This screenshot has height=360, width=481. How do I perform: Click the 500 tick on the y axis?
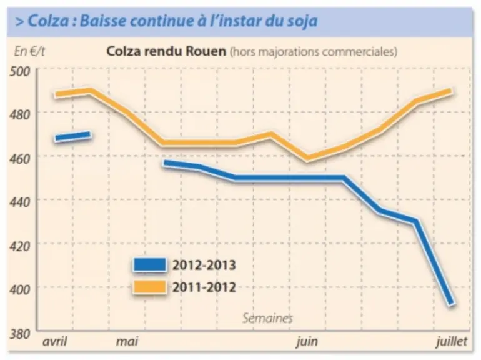pos(20,71)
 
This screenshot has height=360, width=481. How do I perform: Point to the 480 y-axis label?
pos(20,115)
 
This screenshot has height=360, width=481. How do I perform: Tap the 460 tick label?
pos(20,159)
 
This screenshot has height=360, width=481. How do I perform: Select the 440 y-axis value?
pos(20,202)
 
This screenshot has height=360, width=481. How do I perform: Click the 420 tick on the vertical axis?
pos(20,246)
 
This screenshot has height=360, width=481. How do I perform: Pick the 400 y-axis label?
pos(20,290)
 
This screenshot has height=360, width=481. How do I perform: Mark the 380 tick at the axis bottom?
pos(20,334)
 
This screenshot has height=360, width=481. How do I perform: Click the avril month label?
pos(54,341)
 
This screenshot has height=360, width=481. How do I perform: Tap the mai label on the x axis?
pos(127,341)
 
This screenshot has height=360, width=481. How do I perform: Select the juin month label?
pos(307,342)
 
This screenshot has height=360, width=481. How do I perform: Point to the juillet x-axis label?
pos(452,342)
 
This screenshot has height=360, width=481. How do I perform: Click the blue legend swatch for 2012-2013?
pos(150,264)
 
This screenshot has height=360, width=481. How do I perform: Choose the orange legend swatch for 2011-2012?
pos(150,287)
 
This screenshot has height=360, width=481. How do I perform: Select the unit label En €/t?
pos(29,51)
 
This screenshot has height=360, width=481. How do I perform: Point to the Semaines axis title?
pos(267,318)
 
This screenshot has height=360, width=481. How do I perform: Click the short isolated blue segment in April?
pos(72,136)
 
